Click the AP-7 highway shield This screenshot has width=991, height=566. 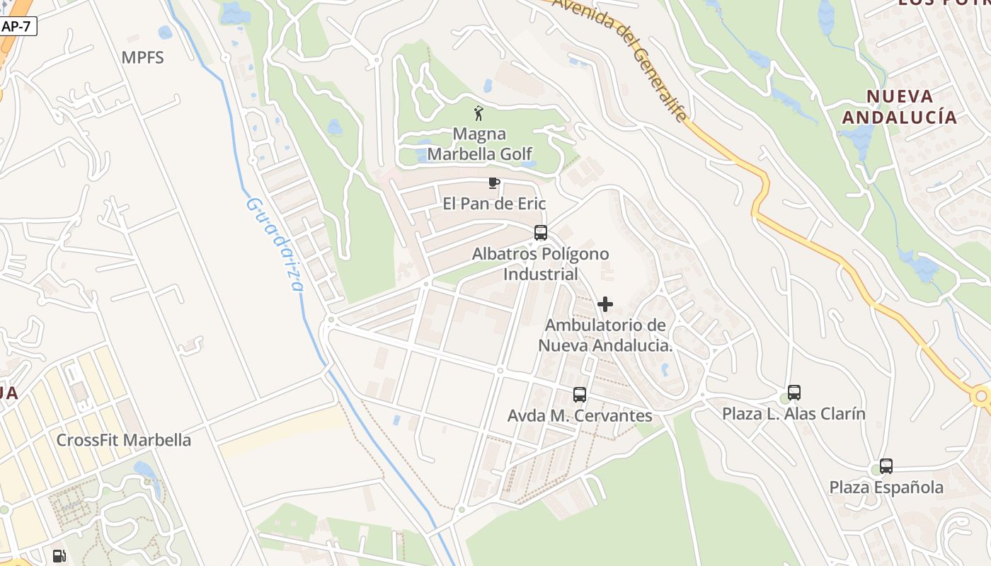[x=18, y=26]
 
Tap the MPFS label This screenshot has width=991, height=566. [x=142, y=57]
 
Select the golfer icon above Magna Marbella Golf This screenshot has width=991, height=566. [x=479, y=112]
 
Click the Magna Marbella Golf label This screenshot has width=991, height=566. [x=479, y=144]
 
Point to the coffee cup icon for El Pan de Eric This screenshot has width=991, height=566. [x=494, y=183]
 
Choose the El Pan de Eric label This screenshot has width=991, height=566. [x=494, y=204]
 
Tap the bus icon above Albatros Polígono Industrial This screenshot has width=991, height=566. [x=541, y=232]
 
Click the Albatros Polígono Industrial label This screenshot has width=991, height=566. [x=541, y=263]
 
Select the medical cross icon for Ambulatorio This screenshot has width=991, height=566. [x=605, y=304]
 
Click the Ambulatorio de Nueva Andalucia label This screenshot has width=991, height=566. [x=605, y=335]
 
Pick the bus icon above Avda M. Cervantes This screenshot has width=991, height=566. [x=580, y=395]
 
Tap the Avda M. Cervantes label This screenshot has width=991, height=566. [x=580, y=415]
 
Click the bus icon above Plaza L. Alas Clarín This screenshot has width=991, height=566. [x=794, y=393]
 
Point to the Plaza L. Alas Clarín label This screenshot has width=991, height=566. [x=794, y=413]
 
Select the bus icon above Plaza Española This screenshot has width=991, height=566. [x=886, y=466]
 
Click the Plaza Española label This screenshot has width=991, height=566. [x=886, y=487]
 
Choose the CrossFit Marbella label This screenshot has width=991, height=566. [x=124, y=440]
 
